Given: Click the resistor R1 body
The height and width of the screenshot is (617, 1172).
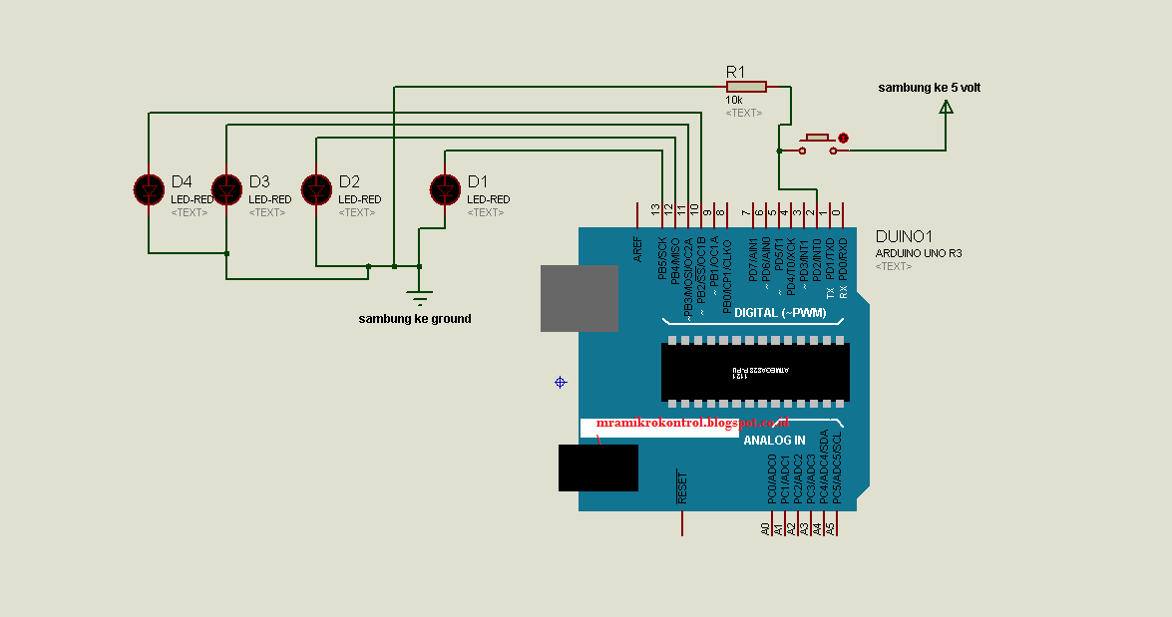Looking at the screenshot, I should [746, 87].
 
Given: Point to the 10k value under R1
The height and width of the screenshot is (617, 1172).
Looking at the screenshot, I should [733, 101].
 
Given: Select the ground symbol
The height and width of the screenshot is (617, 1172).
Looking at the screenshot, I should [420, 295].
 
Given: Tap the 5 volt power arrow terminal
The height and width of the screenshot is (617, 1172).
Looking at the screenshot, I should [946, 105].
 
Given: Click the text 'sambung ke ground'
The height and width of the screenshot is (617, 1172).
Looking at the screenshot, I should [414, 319].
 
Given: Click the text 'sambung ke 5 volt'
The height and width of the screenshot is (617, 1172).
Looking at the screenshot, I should [929, 88].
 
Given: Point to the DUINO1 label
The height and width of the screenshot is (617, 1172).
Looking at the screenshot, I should [903, 237].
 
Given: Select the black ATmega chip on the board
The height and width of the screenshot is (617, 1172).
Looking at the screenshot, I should [755, 372].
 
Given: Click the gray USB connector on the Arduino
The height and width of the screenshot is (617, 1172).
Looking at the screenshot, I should [579, 298].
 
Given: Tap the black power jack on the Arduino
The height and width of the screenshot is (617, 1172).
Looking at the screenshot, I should [597, 467].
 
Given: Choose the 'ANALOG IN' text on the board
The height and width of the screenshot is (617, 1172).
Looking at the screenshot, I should [774, 440].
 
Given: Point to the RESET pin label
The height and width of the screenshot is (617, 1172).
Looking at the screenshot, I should [682, 486].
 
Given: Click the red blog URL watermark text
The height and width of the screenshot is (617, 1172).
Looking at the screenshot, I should [692, 423].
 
